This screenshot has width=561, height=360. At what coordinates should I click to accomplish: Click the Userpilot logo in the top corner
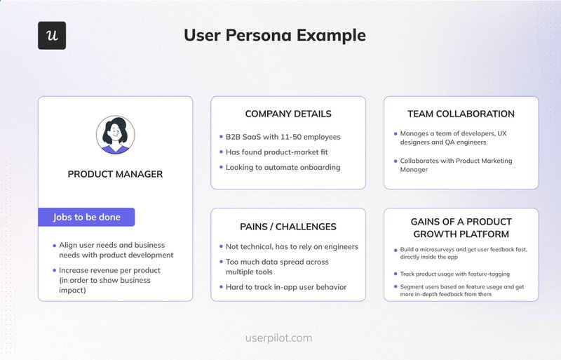tap(52, 35)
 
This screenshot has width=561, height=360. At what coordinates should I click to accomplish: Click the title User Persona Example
tap(274, 35)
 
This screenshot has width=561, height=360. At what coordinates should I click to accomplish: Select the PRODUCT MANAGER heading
tap(115, 174)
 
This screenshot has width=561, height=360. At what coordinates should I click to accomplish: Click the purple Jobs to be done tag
tap(86, 218)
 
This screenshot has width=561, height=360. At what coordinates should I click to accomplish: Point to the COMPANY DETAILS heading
tap(288, 114)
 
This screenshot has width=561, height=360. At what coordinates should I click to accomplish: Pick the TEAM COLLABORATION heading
tap(461, 114)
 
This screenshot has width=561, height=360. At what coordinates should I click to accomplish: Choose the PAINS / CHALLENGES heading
tap(288, 227)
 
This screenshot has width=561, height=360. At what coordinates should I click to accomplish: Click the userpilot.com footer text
tap(279, 338)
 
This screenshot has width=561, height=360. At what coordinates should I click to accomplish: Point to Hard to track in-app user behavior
tap(285, 287)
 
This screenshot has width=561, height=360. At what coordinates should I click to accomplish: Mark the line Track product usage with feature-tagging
tap(455, 274)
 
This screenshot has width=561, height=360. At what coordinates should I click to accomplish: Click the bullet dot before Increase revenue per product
tap(54, 270)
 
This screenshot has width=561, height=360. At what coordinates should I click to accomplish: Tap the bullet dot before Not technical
tap(219, 246)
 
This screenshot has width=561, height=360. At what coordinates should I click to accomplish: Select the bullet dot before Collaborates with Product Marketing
tap(396, 161)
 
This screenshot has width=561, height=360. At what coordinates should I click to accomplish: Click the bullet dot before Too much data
tap(219, 262)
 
